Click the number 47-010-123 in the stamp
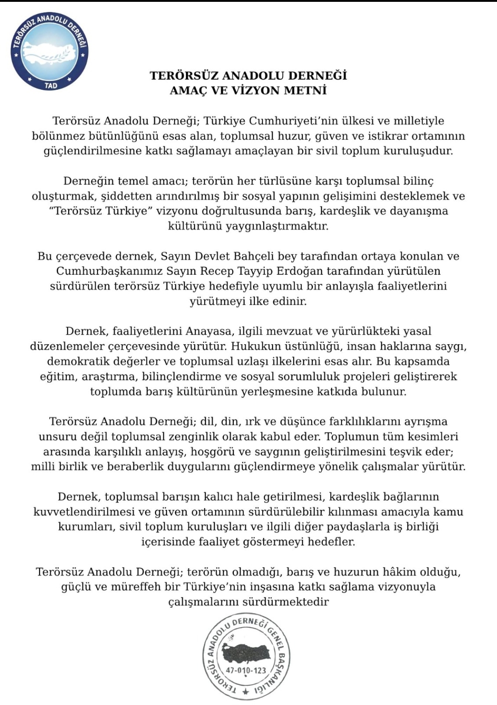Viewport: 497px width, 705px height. (x=246, y=670)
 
